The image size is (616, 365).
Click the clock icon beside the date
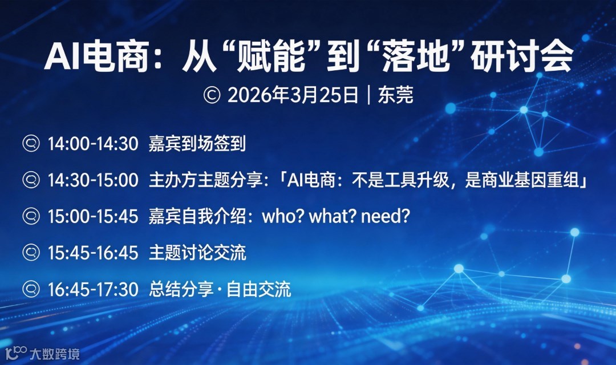tap(212, 95)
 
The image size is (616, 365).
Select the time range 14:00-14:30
tap(93, 144)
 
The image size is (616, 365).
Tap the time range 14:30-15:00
tap(93, 180)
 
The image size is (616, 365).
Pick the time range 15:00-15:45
tap(93, 217)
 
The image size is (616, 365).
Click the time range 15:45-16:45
tap(93, 253)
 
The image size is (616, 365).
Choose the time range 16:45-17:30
tap(93, 289)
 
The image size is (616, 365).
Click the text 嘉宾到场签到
tap(197, 144)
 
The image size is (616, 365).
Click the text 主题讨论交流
tap(197, 253)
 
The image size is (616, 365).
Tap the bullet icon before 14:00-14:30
tap(30, 144)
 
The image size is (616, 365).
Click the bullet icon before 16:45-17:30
tap(30, 289)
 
